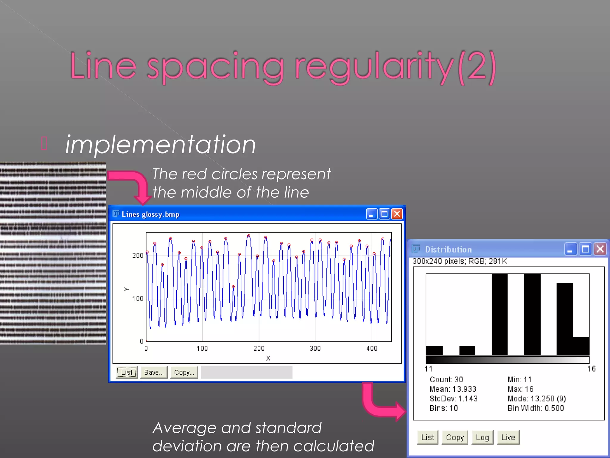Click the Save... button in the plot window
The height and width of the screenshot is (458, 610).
point(154,372)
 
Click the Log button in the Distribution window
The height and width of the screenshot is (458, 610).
point(482,437)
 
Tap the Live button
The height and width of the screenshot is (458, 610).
point(508,437)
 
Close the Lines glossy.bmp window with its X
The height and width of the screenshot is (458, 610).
point(397,214)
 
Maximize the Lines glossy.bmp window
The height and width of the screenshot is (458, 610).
point(385,214)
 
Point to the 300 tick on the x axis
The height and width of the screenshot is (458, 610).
point(315,348)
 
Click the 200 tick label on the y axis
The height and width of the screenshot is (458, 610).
point(138,256)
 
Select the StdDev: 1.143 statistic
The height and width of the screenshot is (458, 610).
point(453,399)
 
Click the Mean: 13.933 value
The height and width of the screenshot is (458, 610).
point(453,389)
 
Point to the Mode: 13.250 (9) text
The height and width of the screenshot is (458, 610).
point(537,399)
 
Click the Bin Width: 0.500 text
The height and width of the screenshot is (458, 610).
point(536,408)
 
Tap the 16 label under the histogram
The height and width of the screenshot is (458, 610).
point(591,369)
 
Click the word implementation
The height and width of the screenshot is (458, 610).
point(161,145)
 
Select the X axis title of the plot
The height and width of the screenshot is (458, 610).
point(268,358)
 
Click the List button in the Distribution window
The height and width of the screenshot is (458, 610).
point(427,437)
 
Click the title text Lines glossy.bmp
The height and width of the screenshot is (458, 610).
point(150,214)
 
